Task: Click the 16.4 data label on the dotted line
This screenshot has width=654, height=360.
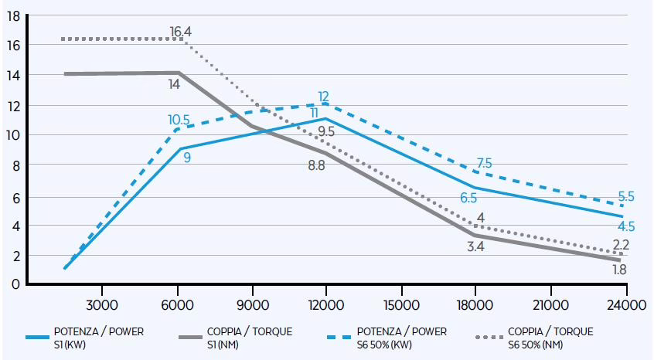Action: point(180,32)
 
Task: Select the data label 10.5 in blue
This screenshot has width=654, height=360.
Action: point(179,120)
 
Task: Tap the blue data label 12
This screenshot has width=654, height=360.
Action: point(323,97)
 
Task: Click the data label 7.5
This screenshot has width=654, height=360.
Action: point(483,163)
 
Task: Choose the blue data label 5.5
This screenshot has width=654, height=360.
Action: point(626,197)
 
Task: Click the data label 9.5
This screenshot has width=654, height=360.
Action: point(325,131)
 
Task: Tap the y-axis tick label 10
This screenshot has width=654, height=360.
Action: point(12,135)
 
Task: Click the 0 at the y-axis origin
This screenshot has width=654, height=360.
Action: point(15,284)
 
